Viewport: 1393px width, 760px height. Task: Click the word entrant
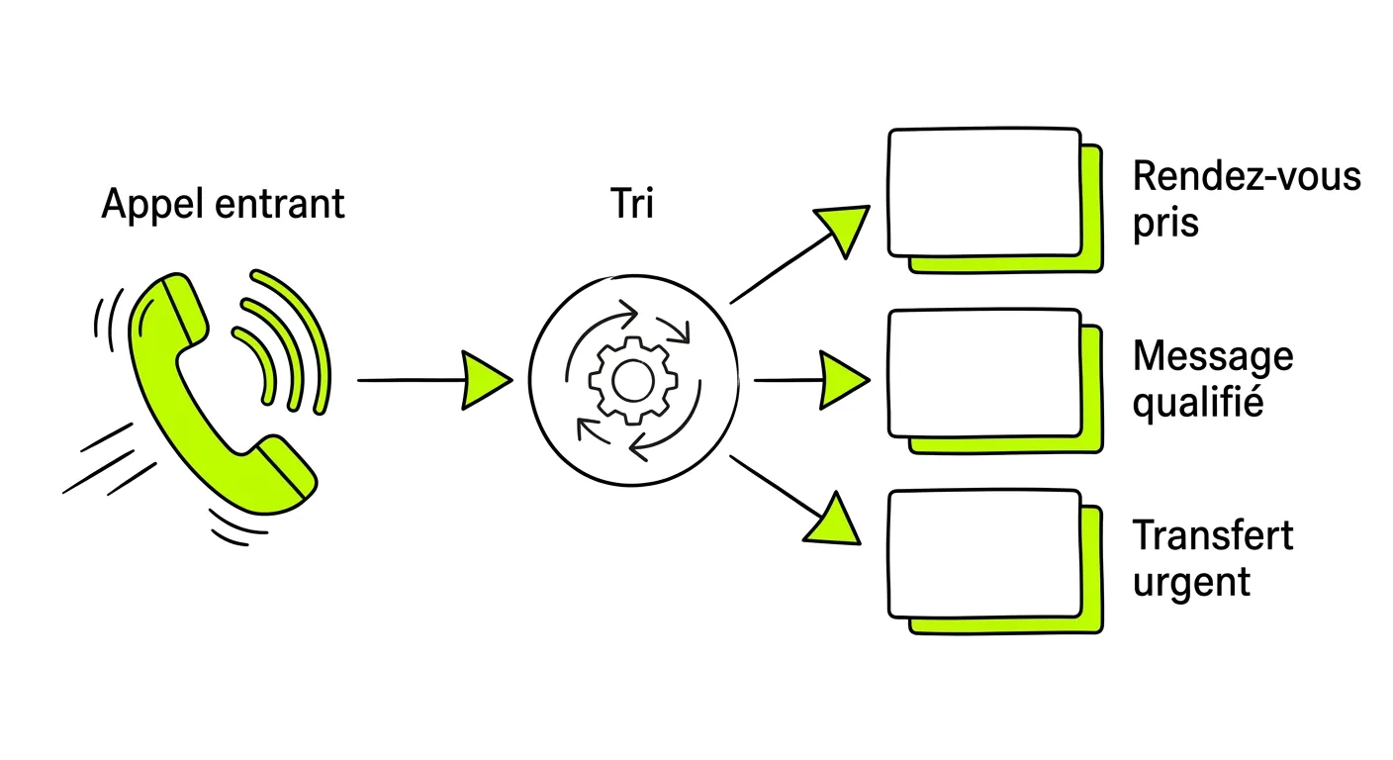coord(279,204)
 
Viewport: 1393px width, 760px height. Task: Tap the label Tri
coord(632,203)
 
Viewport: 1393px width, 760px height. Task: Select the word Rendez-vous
coord(1247,176)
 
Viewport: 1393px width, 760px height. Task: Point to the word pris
coord(1165,224)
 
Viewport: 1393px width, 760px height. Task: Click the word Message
coord(1213,357)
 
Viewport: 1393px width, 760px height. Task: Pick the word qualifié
coord(1198,403)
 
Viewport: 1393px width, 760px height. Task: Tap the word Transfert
coord(1213,535)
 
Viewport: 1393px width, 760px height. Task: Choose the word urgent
coord(1191,583)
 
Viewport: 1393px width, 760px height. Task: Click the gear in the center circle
coord(633,381)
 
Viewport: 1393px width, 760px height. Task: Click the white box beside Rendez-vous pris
coord(984,192)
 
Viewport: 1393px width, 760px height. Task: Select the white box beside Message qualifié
coord(984,372)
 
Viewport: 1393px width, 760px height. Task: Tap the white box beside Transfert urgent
coord(984,553)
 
